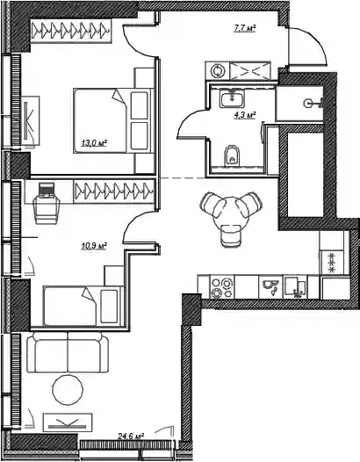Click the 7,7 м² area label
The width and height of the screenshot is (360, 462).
click(244, 28)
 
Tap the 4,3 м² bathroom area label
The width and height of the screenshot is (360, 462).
click(244, 115)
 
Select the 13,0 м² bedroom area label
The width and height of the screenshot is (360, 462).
click(94, 143)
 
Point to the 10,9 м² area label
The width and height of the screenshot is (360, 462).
click(94, 245)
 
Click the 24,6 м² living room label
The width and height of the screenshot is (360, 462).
click(131, 436)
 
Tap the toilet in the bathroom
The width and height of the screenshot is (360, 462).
click(232, 155)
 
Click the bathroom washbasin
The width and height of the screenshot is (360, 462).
click(232, 98)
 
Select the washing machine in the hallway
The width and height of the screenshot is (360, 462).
click(218, 71)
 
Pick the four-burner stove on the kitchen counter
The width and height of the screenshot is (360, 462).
click(222, 287)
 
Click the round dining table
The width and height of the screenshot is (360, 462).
click(231, 213)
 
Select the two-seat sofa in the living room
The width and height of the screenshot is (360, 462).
click(68, 352)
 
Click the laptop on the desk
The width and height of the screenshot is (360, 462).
click(47, 190)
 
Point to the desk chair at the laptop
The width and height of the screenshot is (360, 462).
click(47, 210)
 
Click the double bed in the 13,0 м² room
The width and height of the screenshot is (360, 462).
click(114, 121)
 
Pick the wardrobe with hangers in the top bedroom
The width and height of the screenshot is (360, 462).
click(71, 31)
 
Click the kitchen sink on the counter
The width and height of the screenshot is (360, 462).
click(295, 287)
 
